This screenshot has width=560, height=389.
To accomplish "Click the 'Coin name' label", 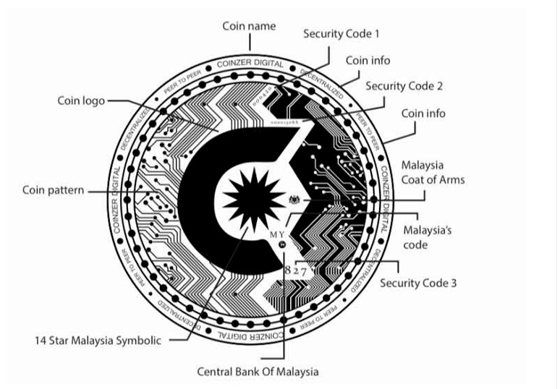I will pyautogui.click(x=248, y=27).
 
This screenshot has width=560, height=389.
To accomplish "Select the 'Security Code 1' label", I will pyautogui.click(x=341, y=34).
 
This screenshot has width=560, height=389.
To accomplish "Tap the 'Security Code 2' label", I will pyautogui.click(x=404, y=86).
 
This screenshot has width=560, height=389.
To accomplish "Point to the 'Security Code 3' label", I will pyautogui.click(x=418, y=283).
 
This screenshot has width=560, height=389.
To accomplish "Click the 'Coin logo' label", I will pyautogui.click(x=82, y=101).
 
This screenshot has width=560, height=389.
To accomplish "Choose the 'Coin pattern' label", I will pyautogui.click(x=52, y=191).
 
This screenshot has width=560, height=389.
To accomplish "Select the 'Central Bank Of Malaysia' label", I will pyautogui.click(x=258, y=372).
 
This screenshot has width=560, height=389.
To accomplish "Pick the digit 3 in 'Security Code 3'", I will pyautogui.click(x=453, y=283).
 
